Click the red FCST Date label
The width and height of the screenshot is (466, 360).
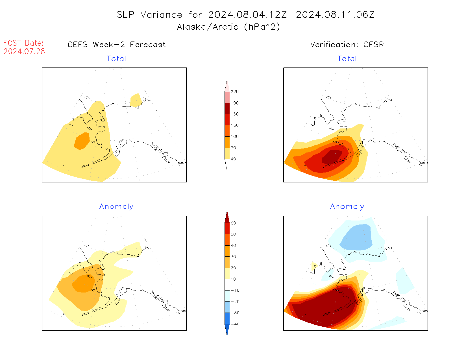coord(23,43)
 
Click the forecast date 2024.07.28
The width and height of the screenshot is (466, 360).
coord(24,52)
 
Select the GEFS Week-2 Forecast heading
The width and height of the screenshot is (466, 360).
coord(117,45)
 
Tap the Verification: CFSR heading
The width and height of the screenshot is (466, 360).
coord(347,45)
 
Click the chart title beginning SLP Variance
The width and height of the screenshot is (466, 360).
coord(245,15)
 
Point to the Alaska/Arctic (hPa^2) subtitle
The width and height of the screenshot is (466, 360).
coord(228,27)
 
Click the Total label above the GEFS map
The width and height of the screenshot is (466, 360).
coord(116,59)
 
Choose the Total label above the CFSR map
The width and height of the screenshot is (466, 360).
coord(347,59)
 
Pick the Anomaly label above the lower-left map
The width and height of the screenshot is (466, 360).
coord(116,207)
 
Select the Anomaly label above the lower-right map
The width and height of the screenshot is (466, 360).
coord(347,207)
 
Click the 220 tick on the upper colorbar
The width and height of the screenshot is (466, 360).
coord(234,92)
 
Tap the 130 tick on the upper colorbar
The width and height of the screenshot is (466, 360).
coord(234,125)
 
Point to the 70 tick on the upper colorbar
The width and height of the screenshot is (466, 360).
coord(233,148)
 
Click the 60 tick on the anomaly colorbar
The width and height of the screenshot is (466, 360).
coord(233,223)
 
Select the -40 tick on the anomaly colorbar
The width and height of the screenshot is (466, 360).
coord(235,324)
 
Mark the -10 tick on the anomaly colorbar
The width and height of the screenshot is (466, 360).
coord(235,291)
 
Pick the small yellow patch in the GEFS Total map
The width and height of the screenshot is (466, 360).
coord(136,100)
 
